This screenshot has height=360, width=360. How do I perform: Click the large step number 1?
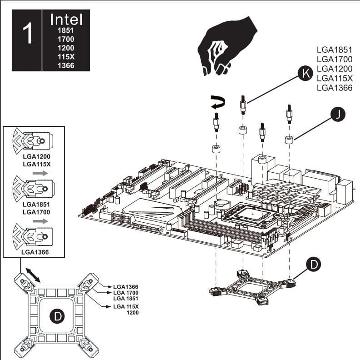(x=27, y=35)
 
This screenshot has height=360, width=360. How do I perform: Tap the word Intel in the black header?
(x=66, y=20)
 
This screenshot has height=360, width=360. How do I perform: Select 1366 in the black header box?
(x=66, y=65)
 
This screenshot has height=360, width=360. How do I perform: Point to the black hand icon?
(x=224, y=46)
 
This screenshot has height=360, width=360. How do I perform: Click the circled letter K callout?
(x=306, y=72)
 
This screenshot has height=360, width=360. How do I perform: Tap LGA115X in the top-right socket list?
(x=334, y=78)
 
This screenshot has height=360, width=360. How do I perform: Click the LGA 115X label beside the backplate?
(x=125, y=307)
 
